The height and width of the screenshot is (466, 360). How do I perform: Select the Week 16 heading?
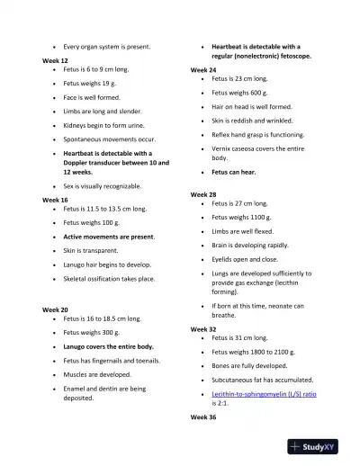point(55,199)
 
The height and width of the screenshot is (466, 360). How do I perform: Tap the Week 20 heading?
point(55,309)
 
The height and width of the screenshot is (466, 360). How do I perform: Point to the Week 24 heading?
point(203,69)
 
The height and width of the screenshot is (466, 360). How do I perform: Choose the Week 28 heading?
point(203,194)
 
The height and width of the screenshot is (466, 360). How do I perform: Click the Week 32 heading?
point(203,329)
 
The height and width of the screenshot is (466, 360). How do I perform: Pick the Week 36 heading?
point(203,418)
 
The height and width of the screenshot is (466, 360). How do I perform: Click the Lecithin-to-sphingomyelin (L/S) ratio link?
point(264,394)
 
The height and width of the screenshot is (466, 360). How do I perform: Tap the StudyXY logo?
point(319,445)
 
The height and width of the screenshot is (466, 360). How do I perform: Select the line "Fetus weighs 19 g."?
point(91,82)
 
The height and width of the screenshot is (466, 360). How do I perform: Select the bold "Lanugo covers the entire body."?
point(108,346)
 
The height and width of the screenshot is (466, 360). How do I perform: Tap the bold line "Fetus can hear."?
point(238,172)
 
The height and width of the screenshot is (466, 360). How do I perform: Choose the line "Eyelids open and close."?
point(247,259)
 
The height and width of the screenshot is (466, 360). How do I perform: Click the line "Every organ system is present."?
point(107,46)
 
